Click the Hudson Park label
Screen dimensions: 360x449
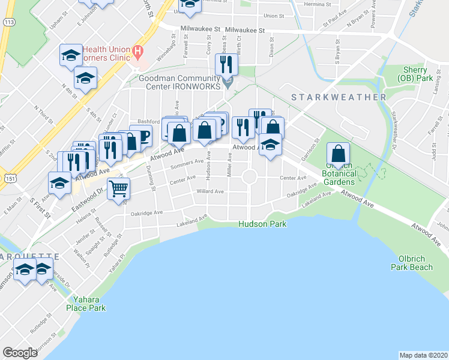[x=262, y=224]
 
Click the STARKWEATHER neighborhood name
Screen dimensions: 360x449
[x=339, y=97]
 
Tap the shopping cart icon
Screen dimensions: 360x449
[x=119, y=188]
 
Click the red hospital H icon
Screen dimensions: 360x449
[x=138, y=53]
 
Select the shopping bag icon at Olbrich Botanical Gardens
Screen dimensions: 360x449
[x=339, y=154]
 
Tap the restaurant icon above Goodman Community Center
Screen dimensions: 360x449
[x=229, y=64]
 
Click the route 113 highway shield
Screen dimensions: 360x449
[x=8, y=22]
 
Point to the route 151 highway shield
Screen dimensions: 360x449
[x=8, y=178]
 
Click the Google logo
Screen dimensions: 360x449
[x=20, y=353]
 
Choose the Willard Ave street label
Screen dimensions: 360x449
[x=210, y=191]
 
